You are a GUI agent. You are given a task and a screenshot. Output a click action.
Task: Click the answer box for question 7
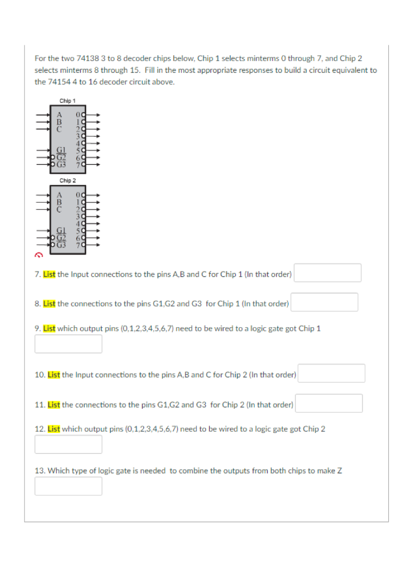pos(327,273)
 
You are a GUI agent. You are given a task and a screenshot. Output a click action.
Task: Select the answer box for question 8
pos(325,303)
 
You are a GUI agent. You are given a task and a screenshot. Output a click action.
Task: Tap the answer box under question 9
pos(68,344)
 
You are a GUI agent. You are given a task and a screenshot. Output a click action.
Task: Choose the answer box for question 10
pos(331,374)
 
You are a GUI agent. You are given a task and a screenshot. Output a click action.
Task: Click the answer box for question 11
pos(329,404)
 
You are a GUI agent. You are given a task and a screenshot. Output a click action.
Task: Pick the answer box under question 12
pos(68,444)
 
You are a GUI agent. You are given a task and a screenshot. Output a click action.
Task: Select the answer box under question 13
pos(68,486)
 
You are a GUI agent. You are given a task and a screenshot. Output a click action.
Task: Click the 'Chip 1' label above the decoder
pos(67,101)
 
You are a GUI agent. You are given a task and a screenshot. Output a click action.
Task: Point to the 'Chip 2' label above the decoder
pos(67,180)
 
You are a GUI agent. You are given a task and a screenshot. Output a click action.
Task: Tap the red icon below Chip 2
pos(38,254)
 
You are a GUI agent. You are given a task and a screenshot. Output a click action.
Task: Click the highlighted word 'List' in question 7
pos(49,274)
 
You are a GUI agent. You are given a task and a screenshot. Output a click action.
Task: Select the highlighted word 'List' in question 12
pos(54,429)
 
